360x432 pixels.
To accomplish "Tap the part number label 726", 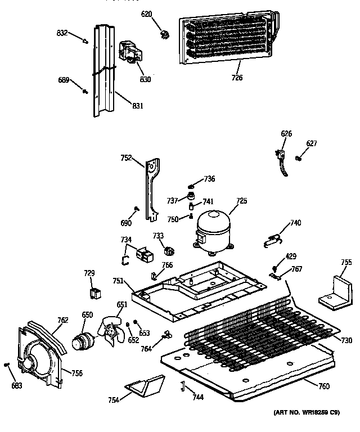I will (237, 78).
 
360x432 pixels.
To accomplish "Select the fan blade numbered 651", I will (113, 331).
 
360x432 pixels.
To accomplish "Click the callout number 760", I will (323, 386).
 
